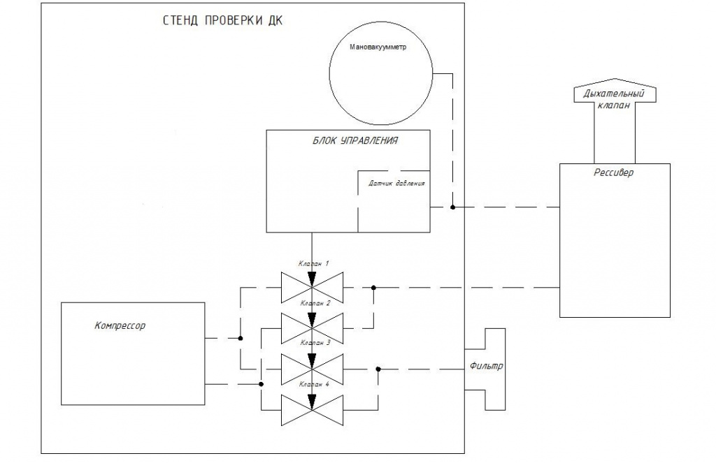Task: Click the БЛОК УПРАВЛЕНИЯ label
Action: (355, 140)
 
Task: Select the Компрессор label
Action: (120, 325)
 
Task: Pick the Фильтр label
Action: (487, 366)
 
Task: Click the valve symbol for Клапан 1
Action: (312, 287)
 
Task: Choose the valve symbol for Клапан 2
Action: (312, 328)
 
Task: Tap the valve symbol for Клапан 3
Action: (312, 368)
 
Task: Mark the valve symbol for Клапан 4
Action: (312, 409)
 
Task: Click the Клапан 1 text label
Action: (313, 263)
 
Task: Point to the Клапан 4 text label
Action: (313, 385)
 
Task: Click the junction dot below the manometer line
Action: (452, 207)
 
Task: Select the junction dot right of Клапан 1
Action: (373, 287)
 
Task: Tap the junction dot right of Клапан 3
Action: (378, 369)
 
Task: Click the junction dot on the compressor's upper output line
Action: (241, 339)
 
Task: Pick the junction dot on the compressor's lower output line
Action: (261, 384)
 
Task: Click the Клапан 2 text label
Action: (313, 304)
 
